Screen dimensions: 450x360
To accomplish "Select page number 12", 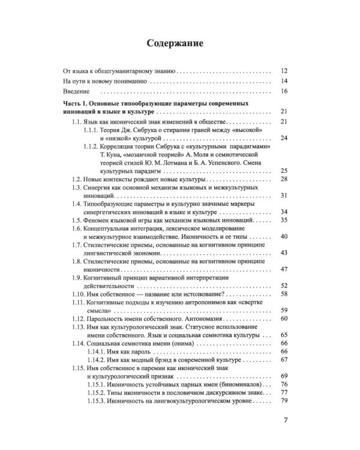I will coord(284,70).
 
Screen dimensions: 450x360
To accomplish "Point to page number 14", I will coord(284,81).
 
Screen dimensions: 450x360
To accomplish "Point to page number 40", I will coord(284,237).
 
